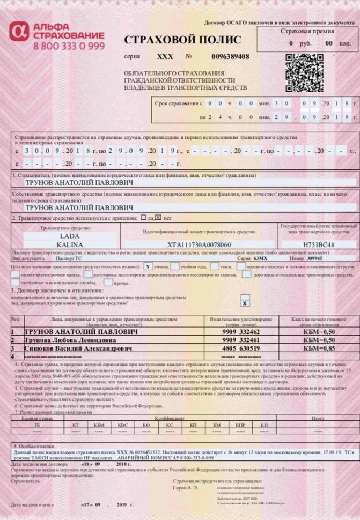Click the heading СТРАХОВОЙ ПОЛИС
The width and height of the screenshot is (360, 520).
pyautogui.click(x=182, y=40)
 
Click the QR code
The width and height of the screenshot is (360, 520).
pyautogui.click(x=304, y=72)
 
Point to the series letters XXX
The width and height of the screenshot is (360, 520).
pyautogui.click(x=165, y=56)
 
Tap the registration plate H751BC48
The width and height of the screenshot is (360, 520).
pyautogui.click(x=319, y=244)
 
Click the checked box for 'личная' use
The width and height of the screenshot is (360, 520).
pyautogui.click(x=148, y=266)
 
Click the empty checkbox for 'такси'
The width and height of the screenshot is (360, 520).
pyautogui.click(x=214, y=266)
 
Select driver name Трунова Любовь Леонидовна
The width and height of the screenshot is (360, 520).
pyautogui.click(x=70, y=340)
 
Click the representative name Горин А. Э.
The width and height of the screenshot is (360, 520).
pyautogui.click(x=186, y=488)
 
